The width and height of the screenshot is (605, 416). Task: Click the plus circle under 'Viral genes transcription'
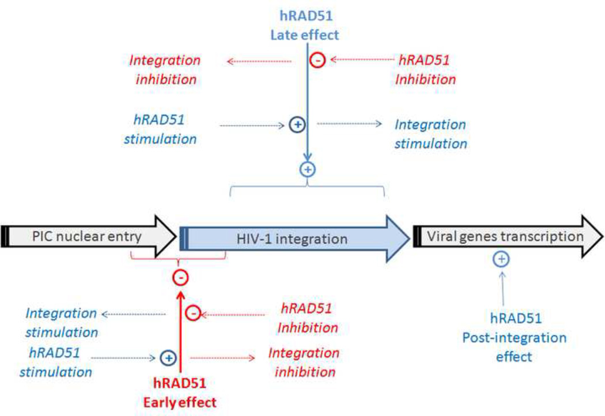501,260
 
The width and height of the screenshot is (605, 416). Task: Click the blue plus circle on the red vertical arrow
168,358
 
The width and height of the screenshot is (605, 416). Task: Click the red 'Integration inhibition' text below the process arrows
304,361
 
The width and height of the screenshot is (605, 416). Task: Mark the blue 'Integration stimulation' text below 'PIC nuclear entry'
62,323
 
